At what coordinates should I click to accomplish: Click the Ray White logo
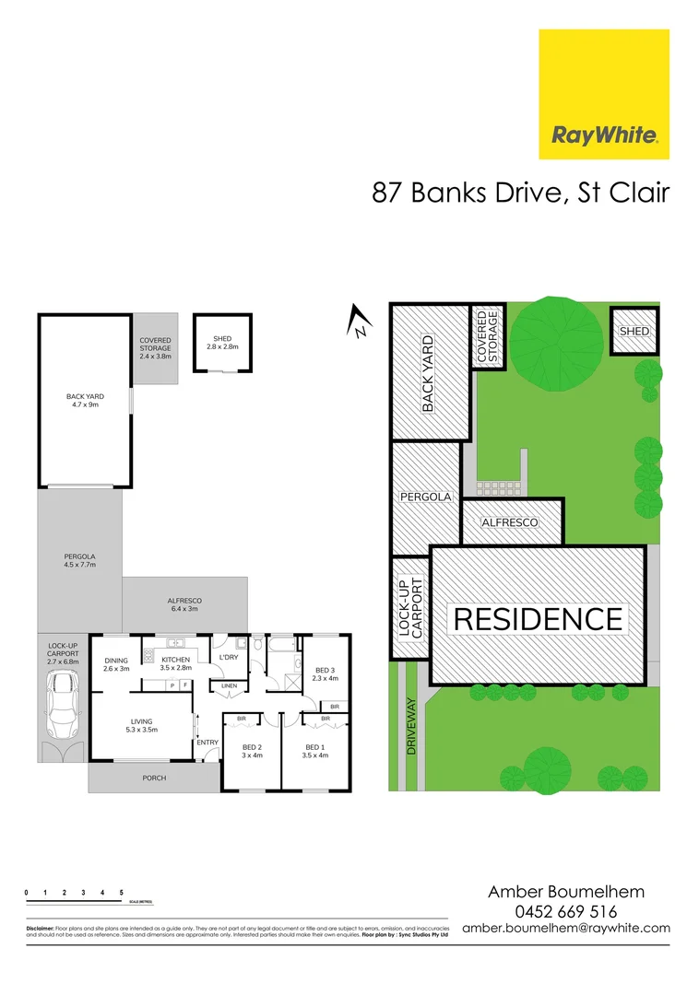click(604, 95)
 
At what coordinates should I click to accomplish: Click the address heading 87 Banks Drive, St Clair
click(520, 193)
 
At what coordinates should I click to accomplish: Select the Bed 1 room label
click(314, 751)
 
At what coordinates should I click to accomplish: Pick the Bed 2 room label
click(252, 751)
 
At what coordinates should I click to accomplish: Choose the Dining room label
click(116, 664)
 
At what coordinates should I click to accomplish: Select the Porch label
click(154, 778)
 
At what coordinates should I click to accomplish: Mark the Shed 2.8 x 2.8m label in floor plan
click(222, 342)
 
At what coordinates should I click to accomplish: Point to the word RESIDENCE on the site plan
click(539, 618)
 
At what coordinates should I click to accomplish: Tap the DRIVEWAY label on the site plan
click(410, 727)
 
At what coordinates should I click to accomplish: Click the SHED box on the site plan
click(634, 331)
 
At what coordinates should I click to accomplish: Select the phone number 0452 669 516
click(566, 911)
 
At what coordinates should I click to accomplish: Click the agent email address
click(566, 929)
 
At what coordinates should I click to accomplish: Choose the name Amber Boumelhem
click(566, 891)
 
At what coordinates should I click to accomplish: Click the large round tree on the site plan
click(554, 345)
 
